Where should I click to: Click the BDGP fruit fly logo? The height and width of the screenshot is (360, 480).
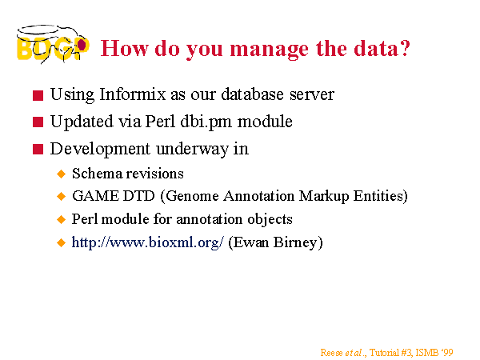click(x=53, y=45)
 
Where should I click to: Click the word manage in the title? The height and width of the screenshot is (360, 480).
click(x=269, y=50)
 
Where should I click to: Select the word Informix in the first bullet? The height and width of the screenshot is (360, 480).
click(x=133, y=94)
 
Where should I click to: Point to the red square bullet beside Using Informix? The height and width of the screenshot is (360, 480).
click(x=38, y=95)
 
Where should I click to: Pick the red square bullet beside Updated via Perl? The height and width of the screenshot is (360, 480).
click(x=38, y=122)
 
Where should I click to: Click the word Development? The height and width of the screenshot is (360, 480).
click(x=101, y=149)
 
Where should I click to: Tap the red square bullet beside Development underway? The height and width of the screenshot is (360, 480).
click(x=38, y=150)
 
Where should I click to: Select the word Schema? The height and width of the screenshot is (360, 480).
click(x=97, y=174)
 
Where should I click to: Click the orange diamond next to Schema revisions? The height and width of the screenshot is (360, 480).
click(x=62, y=174)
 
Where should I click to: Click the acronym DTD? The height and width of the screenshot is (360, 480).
click(x=138, y=196)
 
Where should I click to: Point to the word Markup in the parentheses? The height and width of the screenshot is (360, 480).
click(x=324, y=197)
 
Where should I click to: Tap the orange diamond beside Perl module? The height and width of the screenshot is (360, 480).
click(x=62, y=219)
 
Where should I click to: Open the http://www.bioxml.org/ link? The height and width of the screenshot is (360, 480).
click(x=147, y=242)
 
